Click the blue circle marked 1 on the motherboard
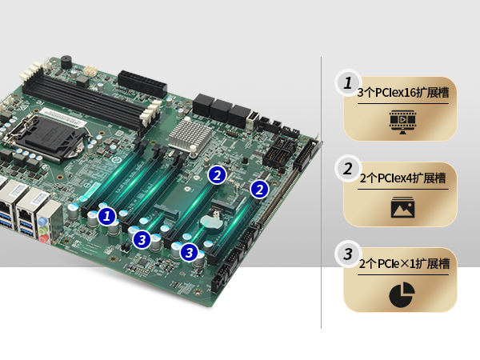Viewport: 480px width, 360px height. [107, 216]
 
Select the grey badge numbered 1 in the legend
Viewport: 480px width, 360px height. [348, 82]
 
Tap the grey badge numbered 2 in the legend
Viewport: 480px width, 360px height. [348, 168]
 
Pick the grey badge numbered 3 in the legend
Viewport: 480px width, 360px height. [348, 254]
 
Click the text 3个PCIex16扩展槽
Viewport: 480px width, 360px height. [403, 93]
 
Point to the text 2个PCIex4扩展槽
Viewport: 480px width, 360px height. [403, 178]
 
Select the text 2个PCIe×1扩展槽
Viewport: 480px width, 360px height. [404, 263]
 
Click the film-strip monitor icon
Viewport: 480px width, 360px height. [402, 122]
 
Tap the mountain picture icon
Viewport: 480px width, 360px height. [403, 207]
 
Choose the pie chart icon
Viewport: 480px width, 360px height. [402, 294]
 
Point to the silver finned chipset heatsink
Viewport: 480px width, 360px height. [190, 134]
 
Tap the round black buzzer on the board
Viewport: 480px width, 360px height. [66, 62]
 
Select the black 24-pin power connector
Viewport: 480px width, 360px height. [142, 83]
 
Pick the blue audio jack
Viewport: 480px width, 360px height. [42, 221]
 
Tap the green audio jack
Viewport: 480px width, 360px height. [43, 230]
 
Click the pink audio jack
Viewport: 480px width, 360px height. [44, 238]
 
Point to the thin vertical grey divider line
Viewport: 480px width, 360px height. [321, 193]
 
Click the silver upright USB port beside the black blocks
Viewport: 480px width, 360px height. [252, 121]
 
